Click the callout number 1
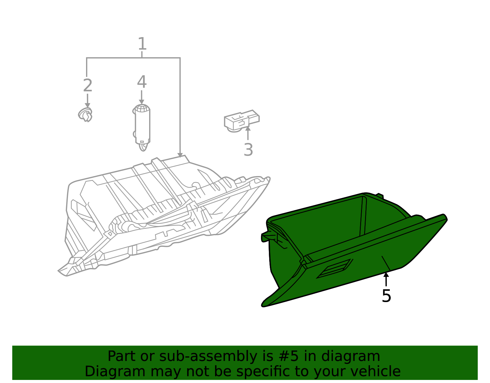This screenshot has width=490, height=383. pos(142,44)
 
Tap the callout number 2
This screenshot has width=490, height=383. pos(88,86)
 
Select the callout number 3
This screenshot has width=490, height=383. pos(248,150)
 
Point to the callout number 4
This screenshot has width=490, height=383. pos(141,82)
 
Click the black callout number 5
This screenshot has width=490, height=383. pos(386,296)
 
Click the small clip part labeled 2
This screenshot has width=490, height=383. pos(85,115)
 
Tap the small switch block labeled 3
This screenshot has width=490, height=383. pos(241,121)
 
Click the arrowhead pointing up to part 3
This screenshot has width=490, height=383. pos(248,129)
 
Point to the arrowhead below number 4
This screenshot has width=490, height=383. pos(141,101)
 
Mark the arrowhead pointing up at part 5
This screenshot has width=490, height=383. pos(386,274)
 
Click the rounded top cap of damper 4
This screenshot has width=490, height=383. pos(141,108)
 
